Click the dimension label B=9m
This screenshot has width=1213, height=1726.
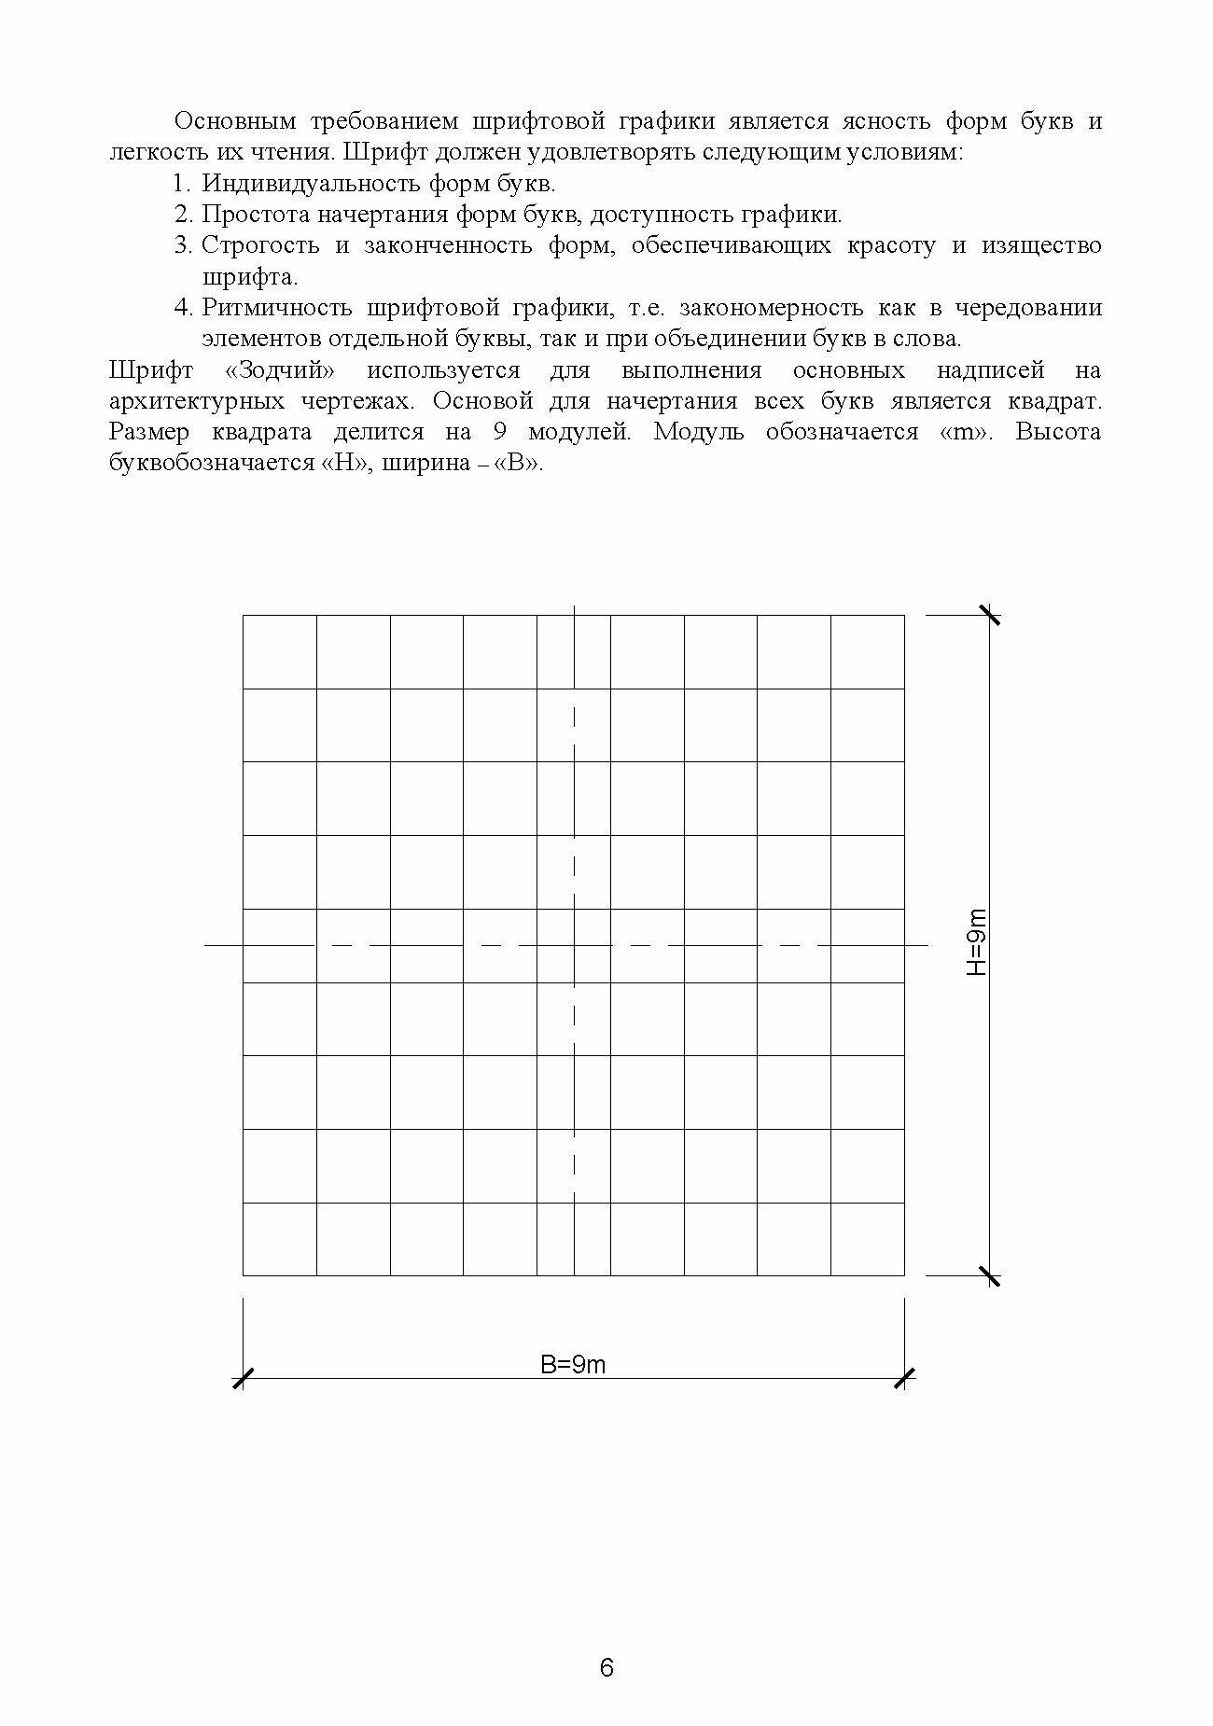coord(573,1364)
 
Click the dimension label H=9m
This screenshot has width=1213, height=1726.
coord(975,941)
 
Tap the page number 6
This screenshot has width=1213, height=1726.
coord(606,1668)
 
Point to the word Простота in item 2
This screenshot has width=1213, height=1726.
coord(256,215)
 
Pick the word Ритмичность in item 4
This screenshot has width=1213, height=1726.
coord(276,308)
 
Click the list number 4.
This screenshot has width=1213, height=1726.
coord(182,308)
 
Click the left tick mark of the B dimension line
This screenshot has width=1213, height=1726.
coord(243,1378)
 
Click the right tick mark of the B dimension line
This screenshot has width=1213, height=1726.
coord(904,1378)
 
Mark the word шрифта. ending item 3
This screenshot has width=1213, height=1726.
coord(250,277)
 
